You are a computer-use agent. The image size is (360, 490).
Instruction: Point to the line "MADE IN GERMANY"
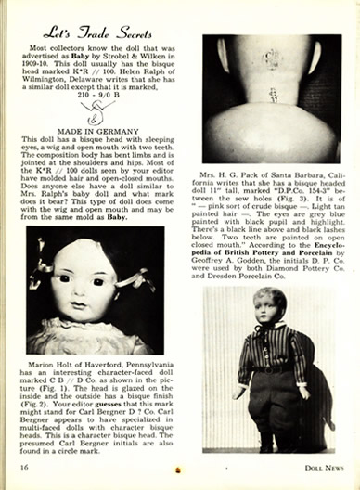(96, 129)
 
